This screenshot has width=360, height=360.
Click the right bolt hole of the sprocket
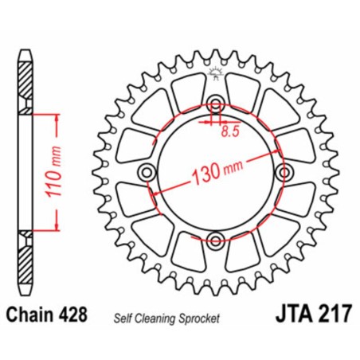[x=282, y=174]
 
